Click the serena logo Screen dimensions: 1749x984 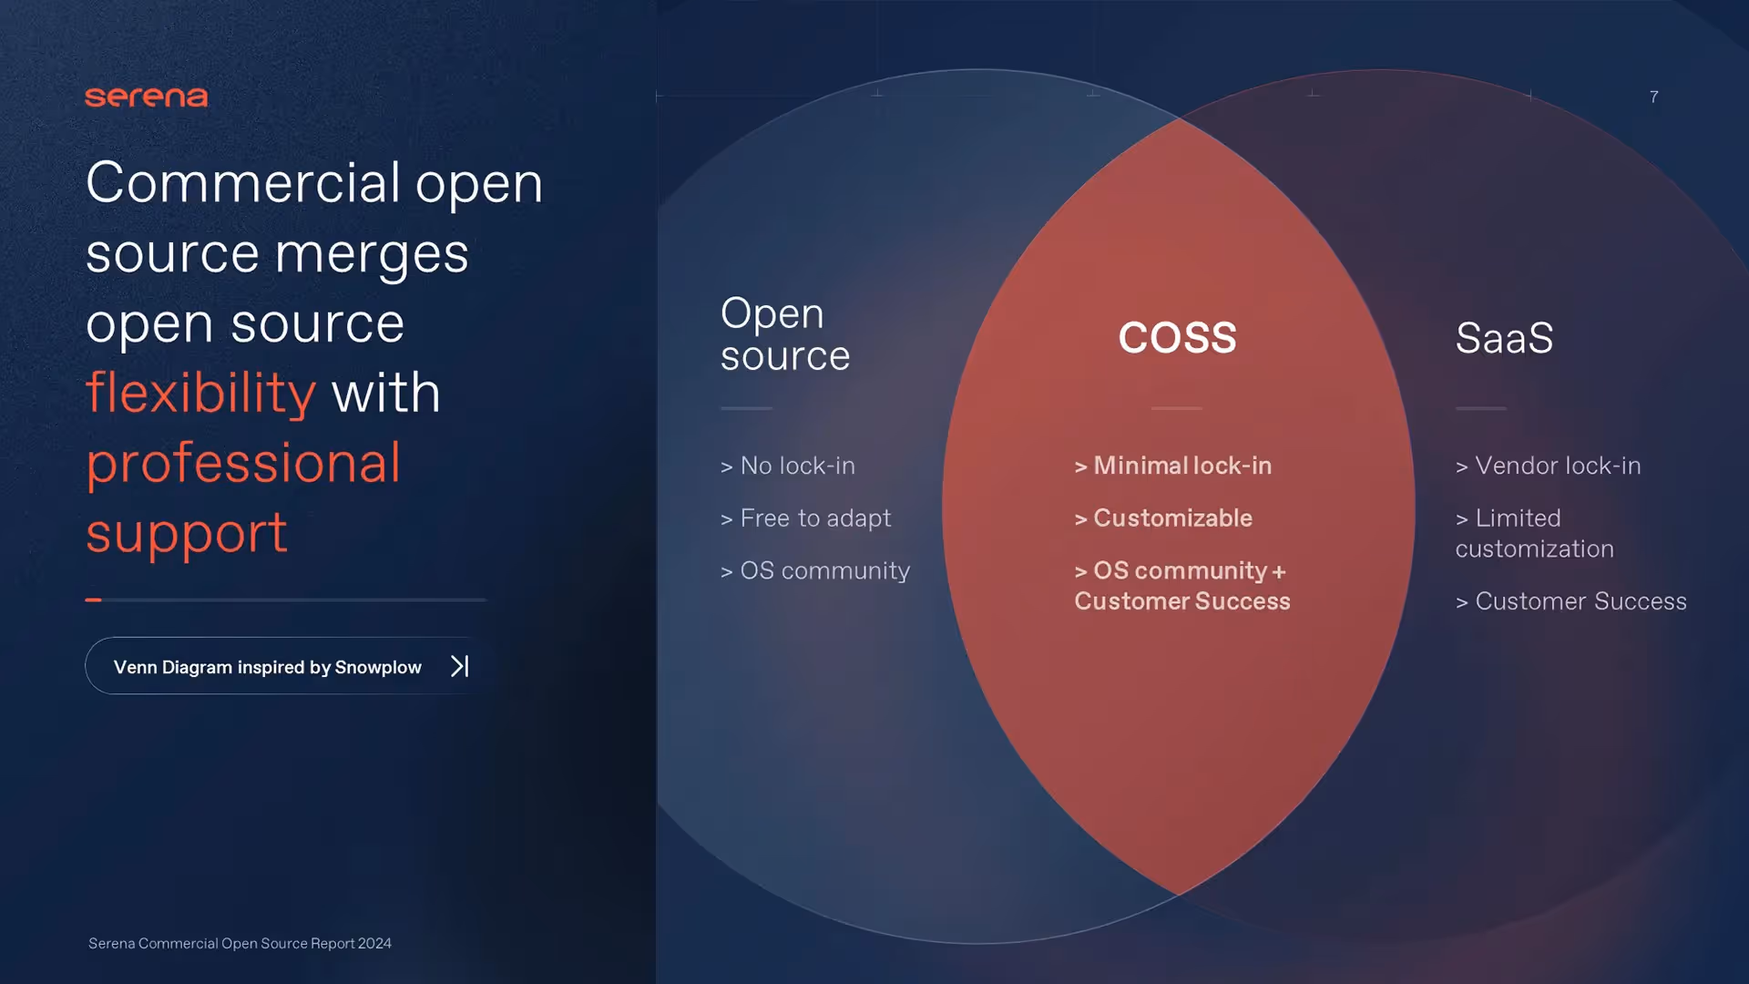[147, 97]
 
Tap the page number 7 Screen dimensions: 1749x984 [1653, 97]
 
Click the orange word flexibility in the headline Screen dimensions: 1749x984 [200, 393]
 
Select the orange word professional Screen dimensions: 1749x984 [243, 464]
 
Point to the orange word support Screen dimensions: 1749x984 [187, 534]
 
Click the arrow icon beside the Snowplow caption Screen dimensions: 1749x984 [460, 666]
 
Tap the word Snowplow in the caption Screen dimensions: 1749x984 [378, 667]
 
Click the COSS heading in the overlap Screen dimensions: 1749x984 [1177, 337]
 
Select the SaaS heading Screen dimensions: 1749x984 [1504, 337]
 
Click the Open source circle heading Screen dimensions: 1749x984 [785, 334]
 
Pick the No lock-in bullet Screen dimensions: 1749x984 [788, 466]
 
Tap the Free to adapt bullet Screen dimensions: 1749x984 [805, 518]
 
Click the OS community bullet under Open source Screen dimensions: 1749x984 [815, 571]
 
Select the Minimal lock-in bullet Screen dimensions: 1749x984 [1173, 466]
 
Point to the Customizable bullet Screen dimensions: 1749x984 [1163, 518]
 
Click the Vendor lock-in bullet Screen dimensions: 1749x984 [1549, 466]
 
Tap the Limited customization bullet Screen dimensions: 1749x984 [1535, 533]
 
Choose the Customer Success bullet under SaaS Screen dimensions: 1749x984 [1571, 601]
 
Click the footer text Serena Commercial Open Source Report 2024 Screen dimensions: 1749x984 [240, 943]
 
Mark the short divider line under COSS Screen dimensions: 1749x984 [1177, 408]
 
